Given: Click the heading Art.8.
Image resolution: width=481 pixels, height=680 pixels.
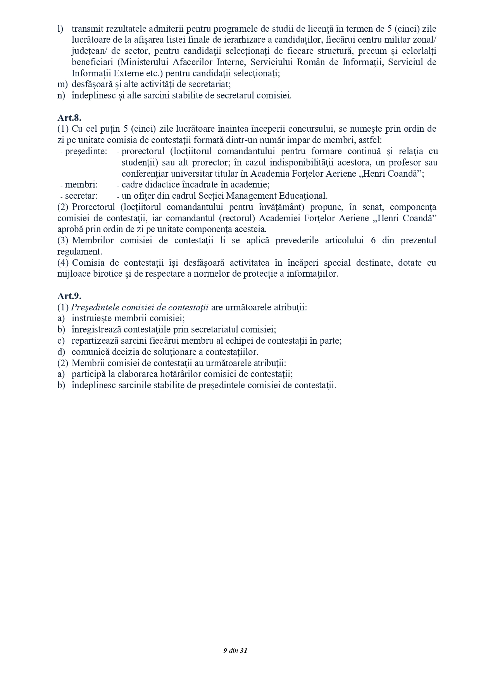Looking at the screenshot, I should [x=69, y=118].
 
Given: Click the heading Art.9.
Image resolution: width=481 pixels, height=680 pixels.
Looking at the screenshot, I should [x=69, y=296].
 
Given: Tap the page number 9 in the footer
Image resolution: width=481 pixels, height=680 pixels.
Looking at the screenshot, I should [x=225, y=651].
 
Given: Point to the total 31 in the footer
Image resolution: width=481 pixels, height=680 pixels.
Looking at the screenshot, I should [x=243, y=651].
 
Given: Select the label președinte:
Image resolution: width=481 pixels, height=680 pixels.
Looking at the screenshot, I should [x=86, y=151].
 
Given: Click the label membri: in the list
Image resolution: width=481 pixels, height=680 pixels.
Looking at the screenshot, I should [x=81, y=185].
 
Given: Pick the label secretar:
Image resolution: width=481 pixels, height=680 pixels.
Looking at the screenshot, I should [x=81, y=196].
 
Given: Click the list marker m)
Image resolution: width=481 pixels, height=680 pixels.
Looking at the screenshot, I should [x=62, y=84].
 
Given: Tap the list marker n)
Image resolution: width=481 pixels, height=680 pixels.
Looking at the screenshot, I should [x=61, y=95].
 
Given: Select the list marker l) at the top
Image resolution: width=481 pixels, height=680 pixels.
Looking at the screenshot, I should [x=60, y=29].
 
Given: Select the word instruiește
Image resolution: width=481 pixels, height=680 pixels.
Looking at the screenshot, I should [x=91, y=319].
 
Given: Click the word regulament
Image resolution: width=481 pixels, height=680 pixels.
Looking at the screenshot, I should [x=79, y=252].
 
